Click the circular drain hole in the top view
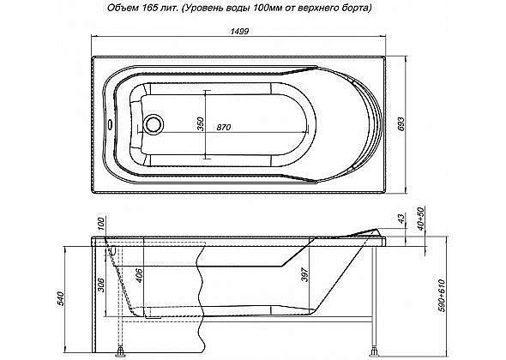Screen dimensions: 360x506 tap(155, 124)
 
